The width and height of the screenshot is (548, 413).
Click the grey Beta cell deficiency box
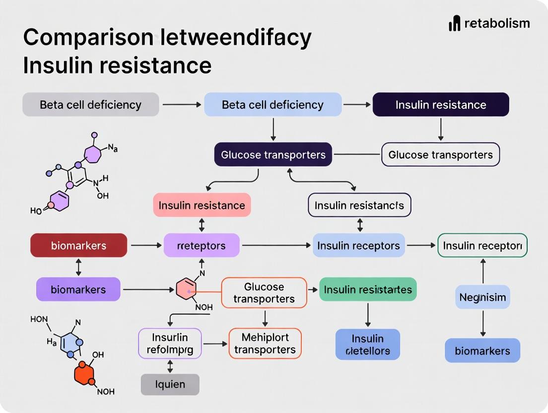click(91, 105)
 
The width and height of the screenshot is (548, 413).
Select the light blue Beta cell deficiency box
click(273, 105)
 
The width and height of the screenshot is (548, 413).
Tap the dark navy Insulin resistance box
click(441, 105)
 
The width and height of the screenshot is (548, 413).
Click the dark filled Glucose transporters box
click(273, 155)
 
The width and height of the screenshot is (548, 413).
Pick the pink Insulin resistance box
click(202, 205)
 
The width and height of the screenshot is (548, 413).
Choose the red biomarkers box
click(78, 246)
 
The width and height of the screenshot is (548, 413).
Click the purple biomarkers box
click(78, 289)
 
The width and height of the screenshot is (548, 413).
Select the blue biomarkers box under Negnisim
click(482, 351)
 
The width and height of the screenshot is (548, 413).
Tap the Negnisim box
click(482, 297)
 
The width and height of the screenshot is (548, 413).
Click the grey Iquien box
click(170, 384)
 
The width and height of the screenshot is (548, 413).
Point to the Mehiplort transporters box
click(265, 344)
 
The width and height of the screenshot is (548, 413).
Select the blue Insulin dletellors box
click(367, 344)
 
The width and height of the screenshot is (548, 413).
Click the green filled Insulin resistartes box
click(368, 289)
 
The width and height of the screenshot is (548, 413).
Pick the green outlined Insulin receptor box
click(482, 246)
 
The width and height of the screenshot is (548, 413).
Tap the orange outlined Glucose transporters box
click(264, 293)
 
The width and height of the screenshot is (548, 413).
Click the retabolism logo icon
click(455, 23)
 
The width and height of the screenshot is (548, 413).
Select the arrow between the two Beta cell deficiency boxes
click(181, 105)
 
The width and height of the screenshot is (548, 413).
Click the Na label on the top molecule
click(113, 148)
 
